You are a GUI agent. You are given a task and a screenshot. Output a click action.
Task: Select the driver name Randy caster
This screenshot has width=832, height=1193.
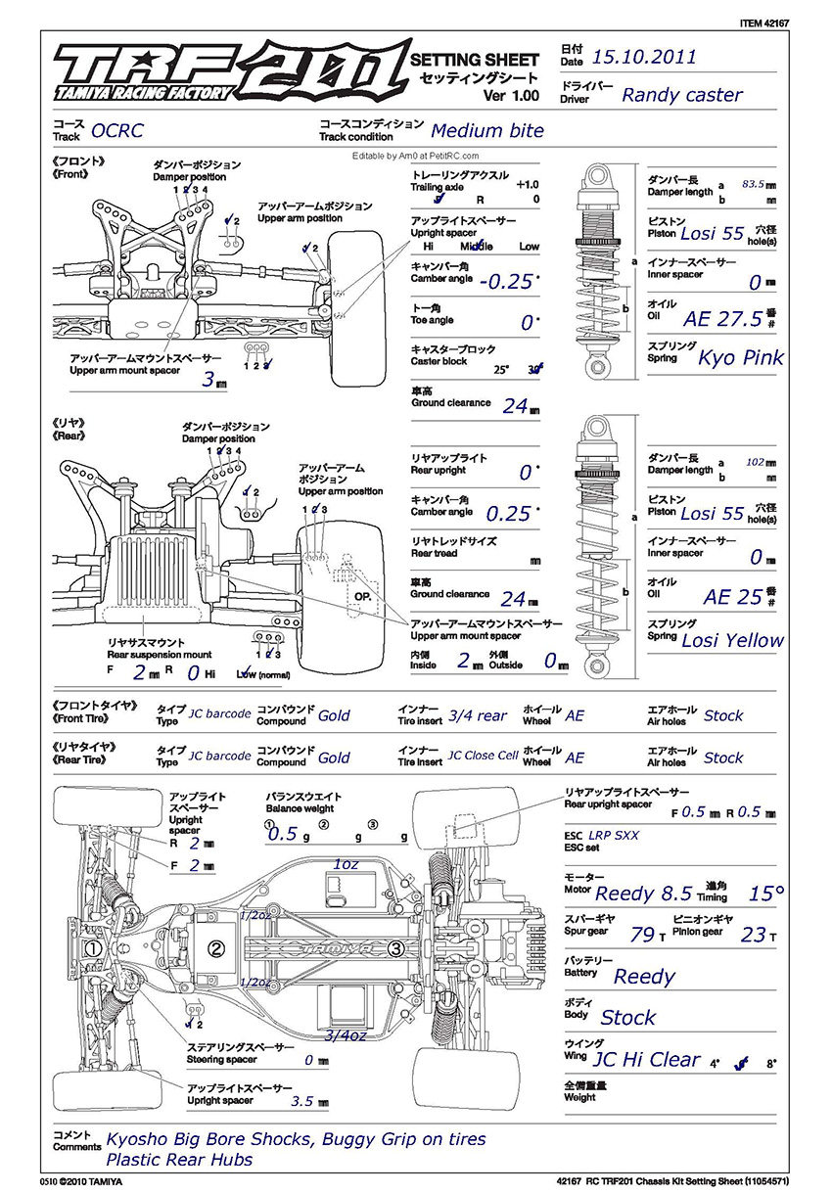[x=682, y=95]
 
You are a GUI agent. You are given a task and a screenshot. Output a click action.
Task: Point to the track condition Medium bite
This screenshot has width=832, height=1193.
[x=487, y=130]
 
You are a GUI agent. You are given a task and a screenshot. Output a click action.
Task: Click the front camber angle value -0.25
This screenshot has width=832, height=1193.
[x=506, y=283]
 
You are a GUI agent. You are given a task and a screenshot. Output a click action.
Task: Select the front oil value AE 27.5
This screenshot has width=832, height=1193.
[x=722, y=318]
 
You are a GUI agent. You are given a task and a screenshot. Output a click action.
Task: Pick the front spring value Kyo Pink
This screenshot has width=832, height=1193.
[x=740, y=357]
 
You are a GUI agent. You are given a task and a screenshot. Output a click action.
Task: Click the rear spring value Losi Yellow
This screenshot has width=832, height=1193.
[x=732, y=640]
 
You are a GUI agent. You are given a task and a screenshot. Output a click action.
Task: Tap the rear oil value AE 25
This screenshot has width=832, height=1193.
[x=732, y=597]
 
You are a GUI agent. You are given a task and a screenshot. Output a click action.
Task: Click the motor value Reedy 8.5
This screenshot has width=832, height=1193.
[x=643, y=893]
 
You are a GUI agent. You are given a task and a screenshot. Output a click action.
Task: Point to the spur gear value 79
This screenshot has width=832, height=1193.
[x=642, y=935]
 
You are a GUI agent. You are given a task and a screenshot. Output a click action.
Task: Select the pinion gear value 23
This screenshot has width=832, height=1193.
[x=753, y=935]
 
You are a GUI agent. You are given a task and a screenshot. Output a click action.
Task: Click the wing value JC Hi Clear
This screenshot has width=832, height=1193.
[x=647, y=1059]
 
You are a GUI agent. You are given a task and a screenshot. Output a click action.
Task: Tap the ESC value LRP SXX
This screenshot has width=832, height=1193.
[x=614, y=836]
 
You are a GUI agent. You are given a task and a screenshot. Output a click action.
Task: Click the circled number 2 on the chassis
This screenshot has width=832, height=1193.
[x=216, y=947]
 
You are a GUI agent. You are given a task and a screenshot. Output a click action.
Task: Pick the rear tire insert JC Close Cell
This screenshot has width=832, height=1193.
[x=483, y=757]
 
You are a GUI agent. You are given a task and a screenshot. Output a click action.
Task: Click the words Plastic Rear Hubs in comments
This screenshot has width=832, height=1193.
[x=179, y=1160]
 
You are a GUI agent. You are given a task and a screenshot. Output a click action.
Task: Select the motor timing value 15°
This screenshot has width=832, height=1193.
[x=766, y=893]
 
